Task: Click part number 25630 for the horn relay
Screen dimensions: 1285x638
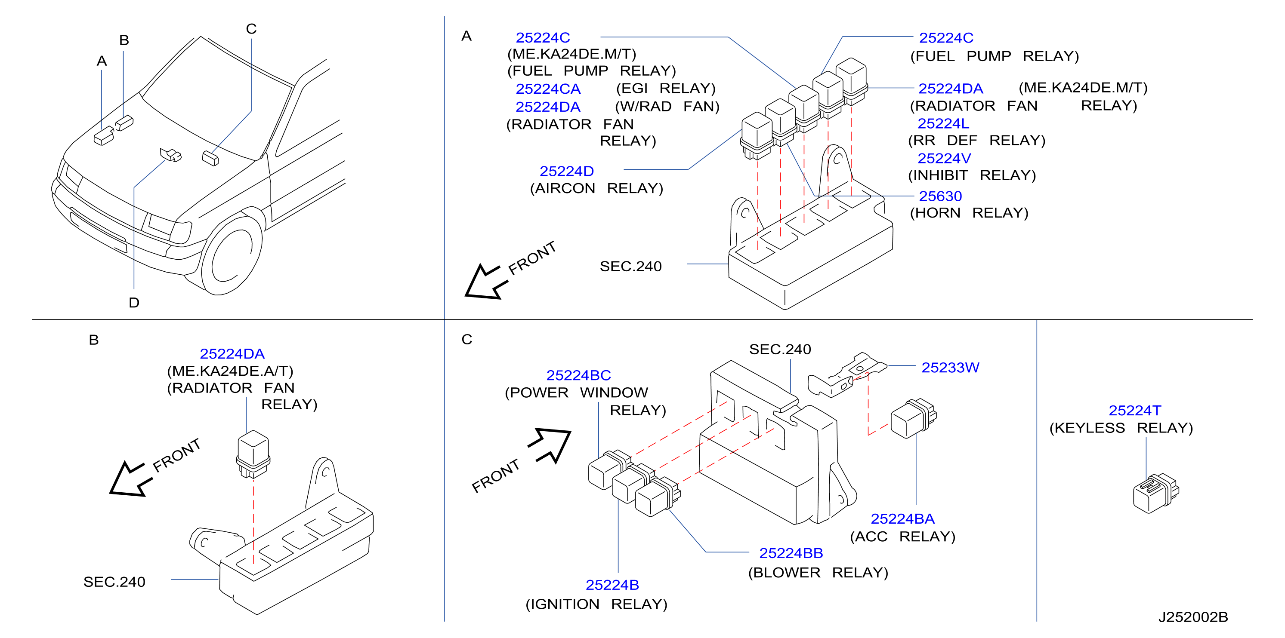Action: click(940, 196)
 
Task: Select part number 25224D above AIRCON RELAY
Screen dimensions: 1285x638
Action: click(567, 171)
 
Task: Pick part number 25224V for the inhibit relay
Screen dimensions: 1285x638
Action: click(944, 158)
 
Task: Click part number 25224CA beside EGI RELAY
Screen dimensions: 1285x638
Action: click(548, 89)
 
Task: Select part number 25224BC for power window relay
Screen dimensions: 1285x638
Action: click(579, 375)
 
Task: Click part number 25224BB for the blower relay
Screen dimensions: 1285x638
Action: click(791, 553)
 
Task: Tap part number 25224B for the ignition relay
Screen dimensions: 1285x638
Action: click(612, 585)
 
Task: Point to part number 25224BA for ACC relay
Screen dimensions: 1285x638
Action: click(902, 518)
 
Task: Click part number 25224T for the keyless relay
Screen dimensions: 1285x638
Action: click(1135, 410)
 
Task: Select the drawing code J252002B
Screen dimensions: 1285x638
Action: click(1193, 617)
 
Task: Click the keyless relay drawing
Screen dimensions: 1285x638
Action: click(1156, 494)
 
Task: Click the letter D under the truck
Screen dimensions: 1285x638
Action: click(134, 303)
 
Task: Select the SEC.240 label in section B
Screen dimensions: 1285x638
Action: click(114, 582)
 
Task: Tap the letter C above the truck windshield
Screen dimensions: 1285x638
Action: click(251, 29)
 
